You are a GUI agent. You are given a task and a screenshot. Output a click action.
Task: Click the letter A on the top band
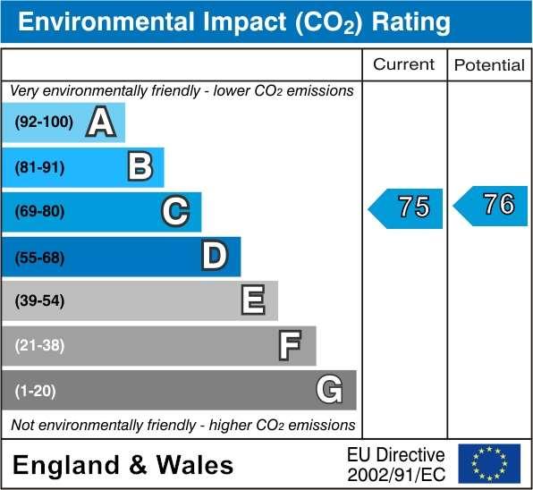(101, 123)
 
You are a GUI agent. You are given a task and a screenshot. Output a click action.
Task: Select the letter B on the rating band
(140, 167)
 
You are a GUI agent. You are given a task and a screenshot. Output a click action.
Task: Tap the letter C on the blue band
(176, 212)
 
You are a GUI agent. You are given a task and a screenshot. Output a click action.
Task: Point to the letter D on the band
(215, 257)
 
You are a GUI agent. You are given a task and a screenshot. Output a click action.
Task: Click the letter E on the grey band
(253, 300)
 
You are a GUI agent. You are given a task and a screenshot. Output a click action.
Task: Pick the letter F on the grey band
(290, 345)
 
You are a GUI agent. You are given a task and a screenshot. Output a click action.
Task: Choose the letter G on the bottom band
(329, 390)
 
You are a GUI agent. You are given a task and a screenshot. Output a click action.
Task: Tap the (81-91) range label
(40, 167)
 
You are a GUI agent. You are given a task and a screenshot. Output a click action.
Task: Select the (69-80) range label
(40, 212)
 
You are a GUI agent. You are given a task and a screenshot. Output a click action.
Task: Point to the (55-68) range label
(40, 257)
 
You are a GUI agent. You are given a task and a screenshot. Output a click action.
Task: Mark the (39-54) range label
(40, 300)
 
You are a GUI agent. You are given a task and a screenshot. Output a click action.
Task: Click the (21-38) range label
(40, 345)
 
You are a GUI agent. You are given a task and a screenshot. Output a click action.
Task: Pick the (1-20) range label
(37, 390)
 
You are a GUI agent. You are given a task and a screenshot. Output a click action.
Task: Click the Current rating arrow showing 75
(407, 207)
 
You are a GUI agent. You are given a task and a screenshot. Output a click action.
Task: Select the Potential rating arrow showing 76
(491, 206)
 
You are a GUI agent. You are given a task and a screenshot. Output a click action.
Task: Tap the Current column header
(403, 64)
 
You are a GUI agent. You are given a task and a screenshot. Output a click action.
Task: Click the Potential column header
(489, 65)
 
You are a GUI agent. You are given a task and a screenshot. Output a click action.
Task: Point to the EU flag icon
(488, 463)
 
